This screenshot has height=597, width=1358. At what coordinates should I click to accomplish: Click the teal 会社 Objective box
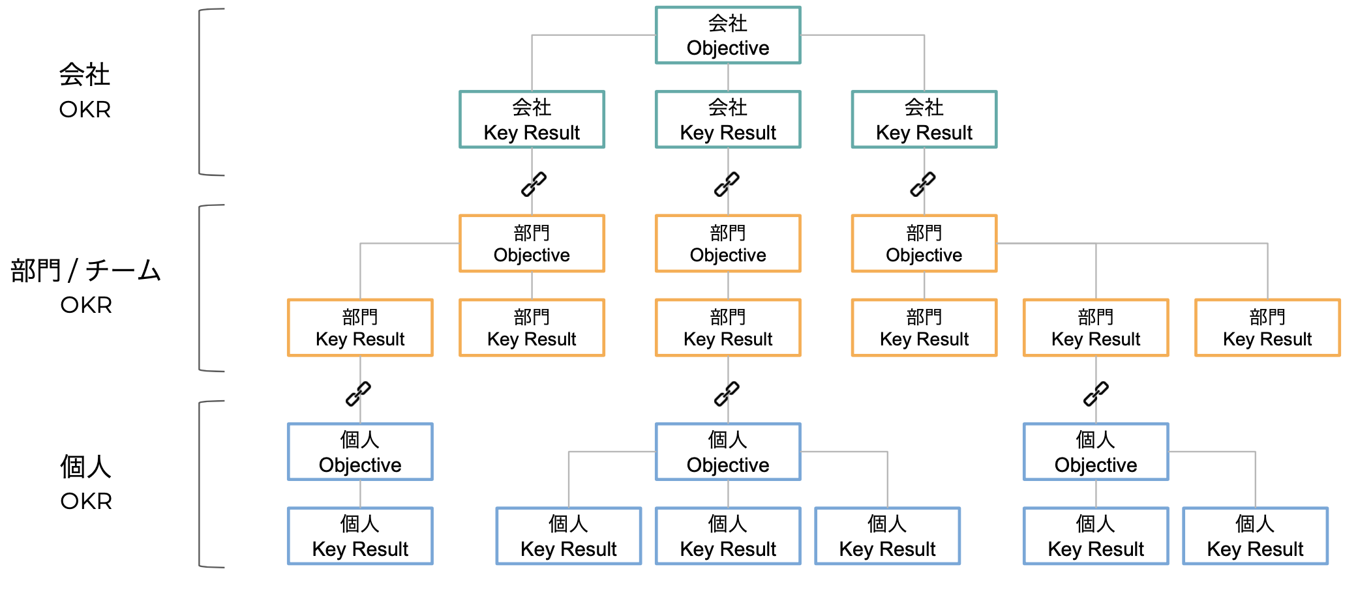click(728, 35)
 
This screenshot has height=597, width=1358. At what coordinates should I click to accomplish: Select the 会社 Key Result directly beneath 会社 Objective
click(728, 119)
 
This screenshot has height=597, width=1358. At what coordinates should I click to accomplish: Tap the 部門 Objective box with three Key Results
click(924, 243)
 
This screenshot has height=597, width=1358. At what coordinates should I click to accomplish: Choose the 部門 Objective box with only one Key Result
click(728, 243)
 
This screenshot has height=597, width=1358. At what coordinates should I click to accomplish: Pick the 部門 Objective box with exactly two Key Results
click(532, 243)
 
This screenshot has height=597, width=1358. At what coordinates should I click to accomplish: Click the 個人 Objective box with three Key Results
click(728, 452)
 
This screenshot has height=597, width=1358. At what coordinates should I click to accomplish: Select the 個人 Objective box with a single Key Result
click(360, 452)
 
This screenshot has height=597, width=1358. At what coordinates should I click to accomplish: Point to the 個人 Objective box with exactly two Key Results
click(1096, 452)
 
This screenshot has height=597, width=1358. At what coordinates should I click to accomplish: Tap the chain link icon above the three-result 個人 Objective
click(727, 394)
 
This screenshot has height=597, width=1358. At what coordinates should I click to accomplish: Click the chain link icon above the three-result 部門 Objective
click(923, 184)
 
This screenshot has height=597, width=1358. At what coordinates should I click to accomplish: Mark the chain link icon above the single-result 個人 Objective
click(358, 394)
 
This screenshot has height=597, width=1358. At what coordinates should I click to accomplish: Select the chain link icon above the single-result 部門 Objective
click(727, 184)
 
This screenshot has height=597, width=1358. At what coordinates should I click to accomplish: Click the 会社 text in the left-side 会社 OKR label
click(85, 74)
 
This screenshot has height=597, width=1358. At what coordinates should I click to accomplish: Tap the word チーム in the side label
click(123, 270)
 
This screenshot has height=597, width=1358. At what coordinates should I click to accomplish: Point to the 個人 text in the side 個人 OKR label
click(86, 467)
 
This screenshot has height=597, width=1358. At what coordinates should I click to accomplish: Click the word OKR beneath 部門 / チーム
click(86, 305)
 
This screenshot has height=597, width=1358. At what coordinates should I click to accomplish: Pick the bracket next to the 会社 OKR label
click(200, 92)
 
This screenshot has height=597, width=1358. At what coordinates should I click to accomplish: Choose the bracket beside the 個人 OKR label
click(200, 484)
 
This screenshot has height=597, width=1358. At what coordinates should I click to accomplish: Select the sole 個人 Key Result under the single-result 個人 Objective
click(360, 536)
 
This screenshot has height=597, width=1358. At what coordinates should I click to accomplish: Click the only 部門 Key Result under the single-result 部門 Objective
click(728, 328)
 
